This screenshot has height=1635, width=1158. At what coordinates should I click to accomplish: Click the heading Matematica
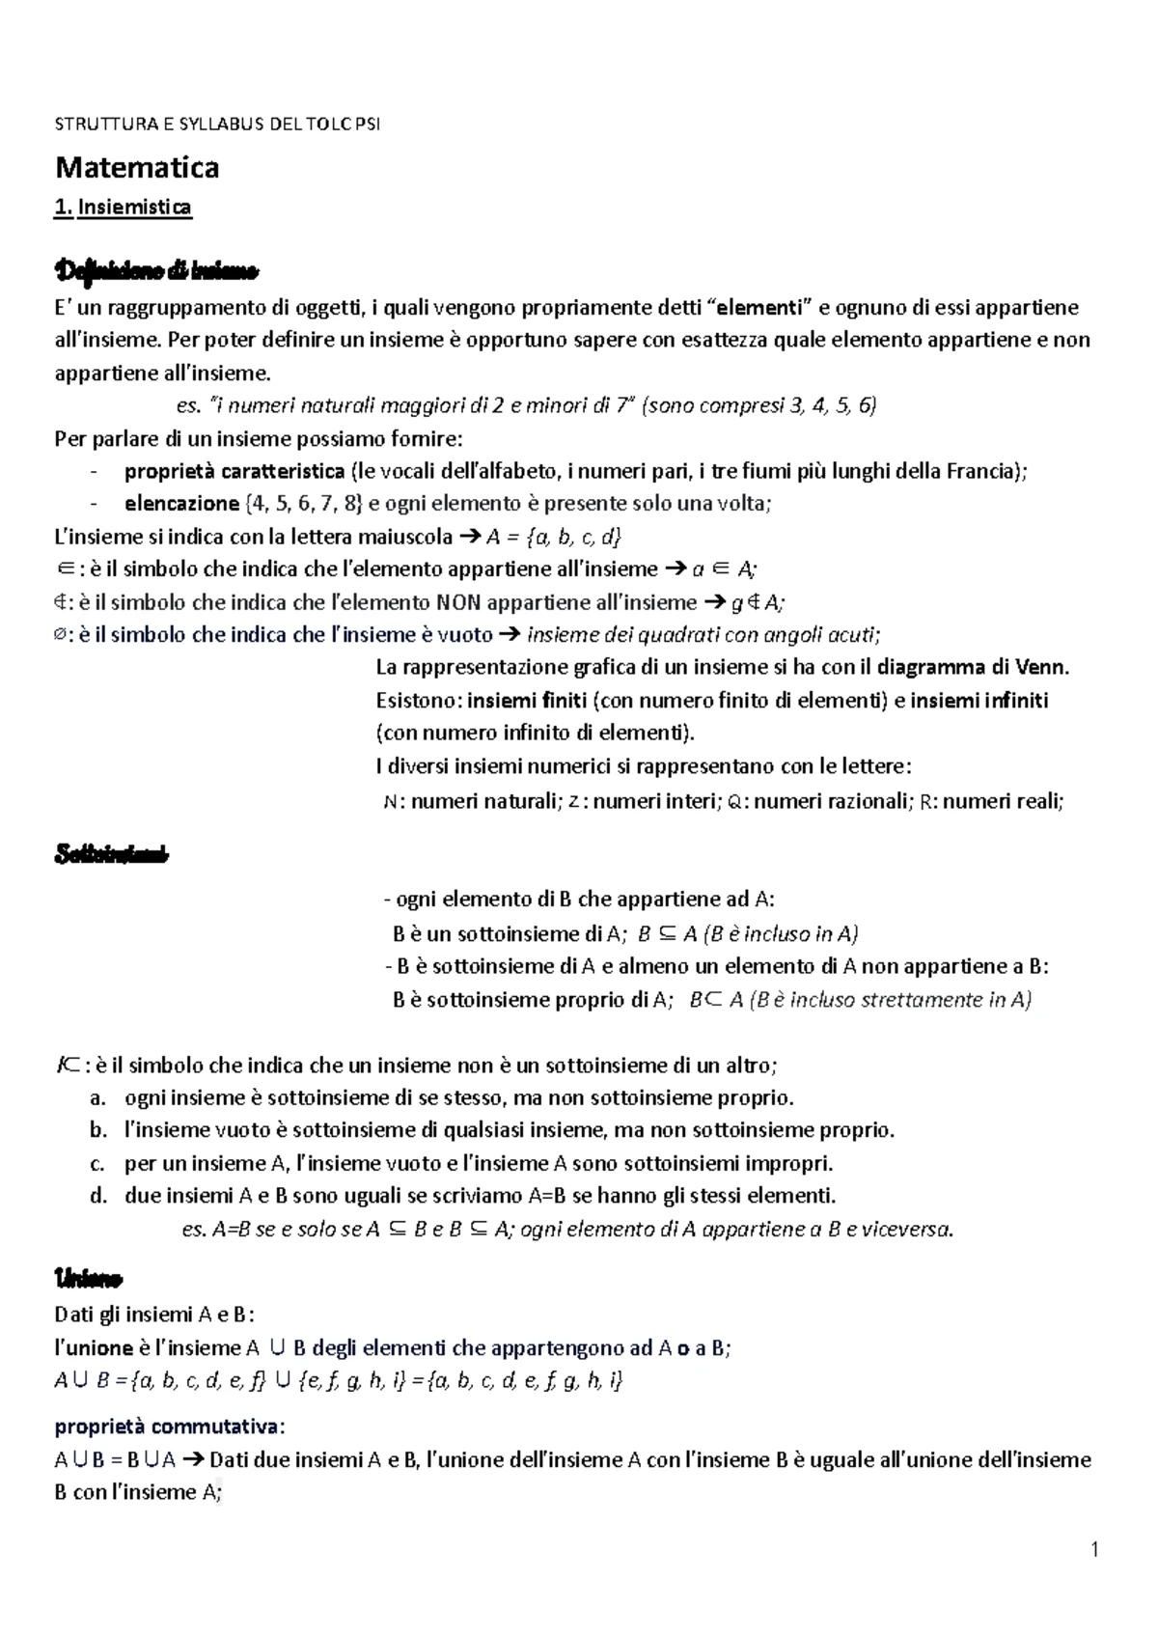pos(137,168)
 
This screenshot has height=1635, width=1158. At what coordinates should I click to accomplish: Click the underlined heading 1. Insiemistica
pos(124,208)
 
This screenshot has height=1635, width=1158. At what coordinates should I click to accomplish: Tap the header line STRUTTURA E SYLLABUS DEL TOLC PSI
pos(218,125)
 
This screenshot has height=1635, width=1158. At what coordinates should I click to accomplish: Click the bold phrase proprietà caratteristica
pos(234,471)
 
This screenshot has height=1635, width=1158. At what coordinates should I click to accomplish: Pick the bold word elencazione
pos(180,504)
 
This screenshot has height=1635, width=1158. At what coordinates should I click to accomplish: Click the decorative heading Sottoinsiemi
pos(112,854)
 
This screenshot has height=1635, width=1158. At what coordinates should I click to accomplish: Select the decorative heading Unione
pos(88,1279)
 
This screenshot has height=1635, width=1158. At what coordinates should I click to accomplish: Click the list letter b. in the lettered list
pos(97,1130)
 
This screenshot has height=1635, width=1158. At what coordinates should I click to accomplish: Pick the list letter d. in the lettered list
pos(97,1196)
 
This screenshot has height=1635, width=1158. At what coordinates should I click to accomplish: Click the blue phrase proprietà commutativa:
pos(170,1427)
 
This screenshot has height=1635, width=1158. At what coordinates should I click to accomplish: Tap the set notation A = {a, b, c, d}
pos(554,537)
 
